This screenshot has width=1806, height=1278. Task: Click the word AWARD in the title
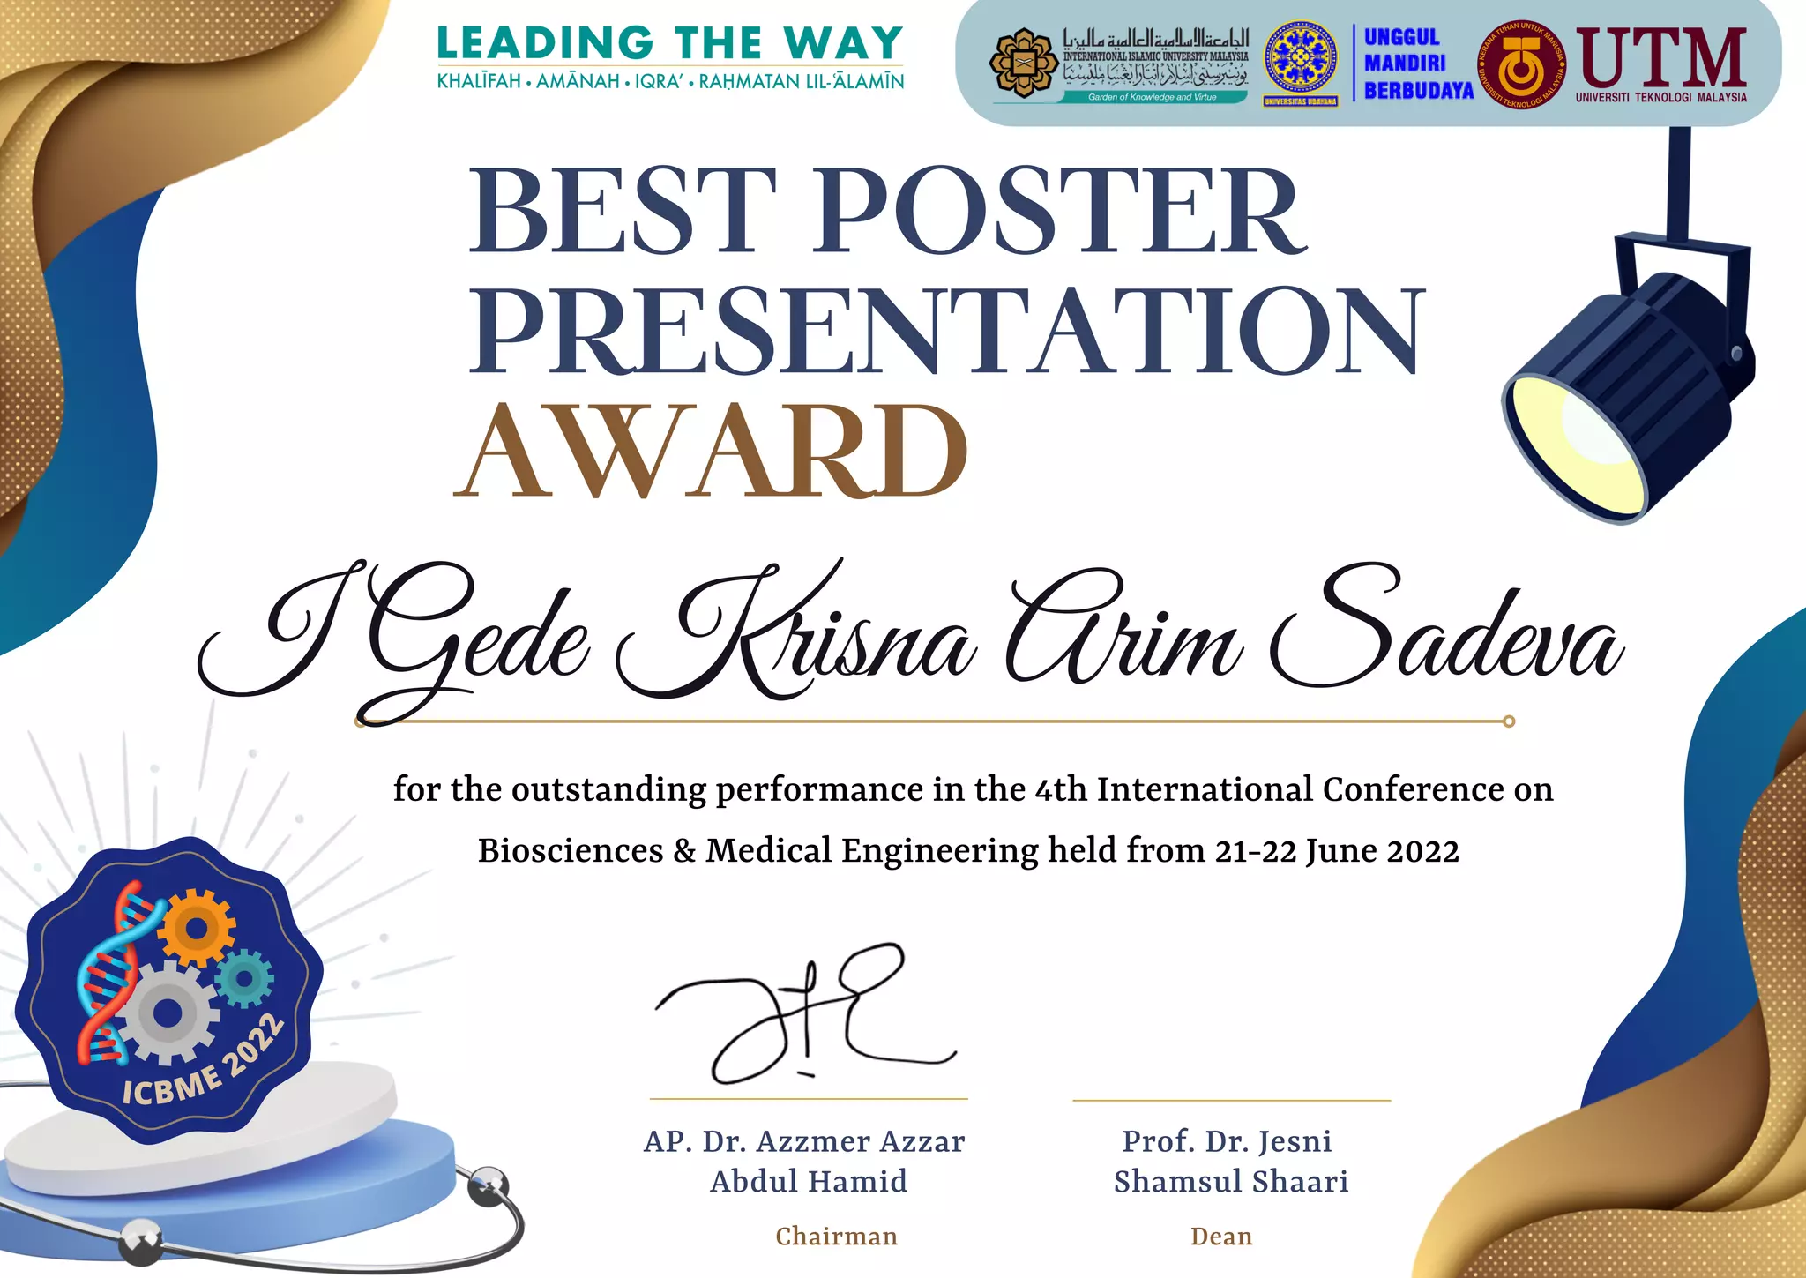click(711, 452)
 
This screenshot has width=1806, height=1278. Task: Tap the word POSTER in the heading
click(1058, 212)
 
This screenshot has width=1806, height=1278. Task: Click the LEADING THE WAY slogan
click(670, 42)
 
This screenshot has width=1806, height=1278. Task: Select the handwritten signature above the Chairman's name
click(804, 1014)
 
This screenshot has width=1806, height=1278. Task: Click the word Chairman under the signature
click(836, 1237)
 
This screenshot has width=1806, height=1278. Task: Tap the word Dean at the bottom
click(1221, 1237)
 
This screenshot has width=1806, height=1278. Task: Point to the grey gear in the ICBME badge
click(167, 1013)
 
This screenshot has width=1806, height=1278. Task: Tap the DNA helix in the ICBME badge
click(110, 970)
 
